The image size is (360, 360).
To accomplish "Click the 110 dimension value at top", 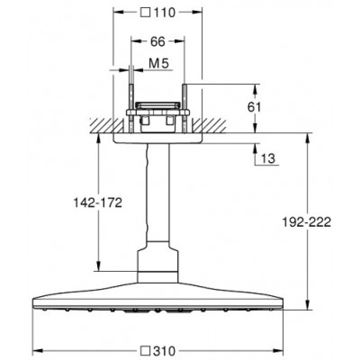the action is click(x=164, y=13).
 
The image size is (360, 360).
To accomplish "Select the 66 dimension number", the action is click(x=158, y=41).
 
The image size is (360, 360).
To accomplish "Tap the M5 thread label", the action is click(x=159, y=63).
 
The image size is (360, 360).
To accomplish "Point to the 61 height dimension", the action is click(x=254, y=107).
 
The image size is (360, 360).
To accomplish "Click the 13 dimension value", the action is click(x=268, y=158).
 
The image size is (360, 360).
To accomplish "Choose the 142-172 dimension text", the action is click(x=98, y=202).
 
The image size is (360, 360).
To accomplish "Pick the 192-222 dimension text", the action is click(x=306, y=222).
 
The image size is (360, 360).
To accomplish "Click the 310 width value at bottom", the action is click(x=164, y=351).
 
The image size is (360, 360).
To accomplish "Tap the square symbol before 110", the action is click(x=145, y=13).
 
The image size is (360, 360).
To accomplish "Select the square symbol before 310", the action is click(x=145, y=351).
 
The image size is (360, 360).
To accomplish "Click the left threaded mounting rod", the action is click(x=131, y=109).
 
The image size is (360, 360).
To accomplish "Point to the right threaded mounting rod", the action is click(x=184, y=109).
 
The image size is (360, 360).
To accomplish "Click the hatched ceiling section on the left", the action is click(x=107, y=126).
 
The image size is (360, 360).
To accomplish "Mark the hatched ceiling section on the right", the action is click(x=209, y=126).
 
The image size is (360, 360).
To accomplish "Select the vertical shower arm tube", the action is click(x=158, y=193).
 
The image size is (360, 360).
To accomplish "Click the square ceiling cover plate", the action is click(x=158, y=138).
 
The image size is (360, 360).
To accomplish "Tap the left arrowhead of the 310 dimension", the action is click(x=38, y=351).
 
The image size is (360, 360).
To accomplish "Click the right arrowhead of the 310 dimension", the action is click(x=278, y=351).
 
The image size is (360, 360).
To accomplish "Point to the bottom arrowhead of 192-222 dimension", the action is click(x=308, y=305).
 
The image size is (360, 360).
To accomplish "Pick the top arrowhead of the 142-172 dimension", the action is click(x=99, y=139).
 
